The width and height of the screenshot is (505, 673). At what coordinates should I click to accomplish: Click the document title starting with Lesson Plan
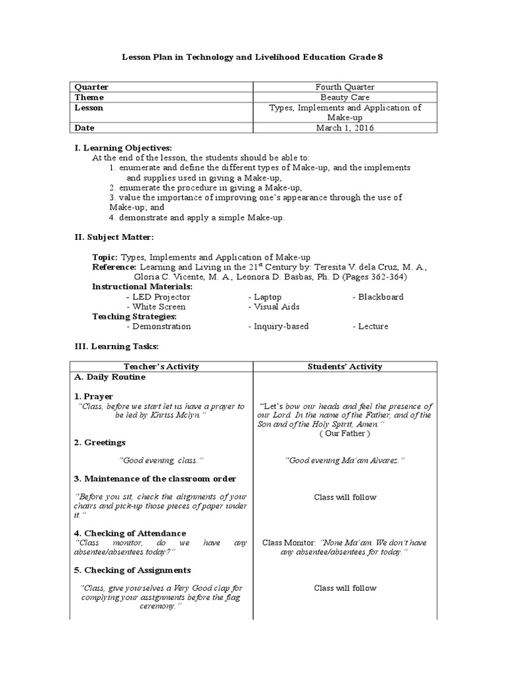point(252,57)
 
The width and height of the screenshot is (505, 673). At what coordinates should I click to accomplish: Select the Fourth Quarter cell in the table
point(345,87)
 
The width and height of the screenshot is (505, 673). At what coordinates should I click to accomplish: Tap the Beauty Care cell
point(345,97)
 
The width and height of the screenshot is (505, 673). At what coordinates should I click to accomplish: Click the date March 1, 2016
point(345,128)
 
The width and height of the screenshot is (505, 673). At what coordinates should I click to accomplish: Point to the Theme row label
point(89,97)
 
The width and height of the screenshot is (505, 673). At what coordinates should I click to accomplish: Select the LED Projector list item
point(158,297)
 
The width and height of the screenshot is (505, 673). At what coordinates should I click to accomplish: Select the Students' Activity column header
point(345,367)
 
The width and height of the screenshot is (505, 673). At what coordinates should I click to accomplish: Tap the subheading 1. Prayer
point(93,396)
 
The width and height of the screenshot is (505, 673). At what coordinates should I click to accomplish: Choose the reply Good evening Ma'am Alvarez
point(345,460)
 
